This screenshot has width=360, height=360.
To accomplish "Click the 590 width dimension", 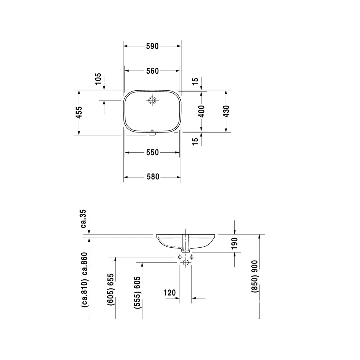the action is [x=152, y=46].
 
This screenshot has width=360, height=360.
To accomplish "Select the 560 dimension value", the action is [x=152, y=71].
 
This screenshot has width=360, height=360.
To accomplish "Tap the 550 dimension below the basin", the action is [x=152, y=152].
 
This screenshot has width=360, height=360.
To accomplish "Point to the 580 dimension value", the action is [x=153, y=177].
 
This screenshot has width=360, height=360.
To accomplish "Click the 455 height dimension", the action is [x=79, y=112].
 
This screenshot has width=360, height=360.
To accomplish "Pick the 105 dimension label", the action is [x=98, y=79].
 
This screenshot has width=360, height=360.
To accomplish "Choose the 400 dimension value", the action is [x=201, y=111].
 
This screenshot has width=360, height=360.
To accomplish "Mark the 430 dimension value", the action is [x=226, y=111].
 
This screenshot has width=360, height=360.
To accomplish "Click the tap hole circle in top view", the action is [x=152, y=100].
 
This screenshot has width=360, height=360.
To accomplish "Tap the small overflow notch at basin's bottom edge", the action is [x=152, y=133].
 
